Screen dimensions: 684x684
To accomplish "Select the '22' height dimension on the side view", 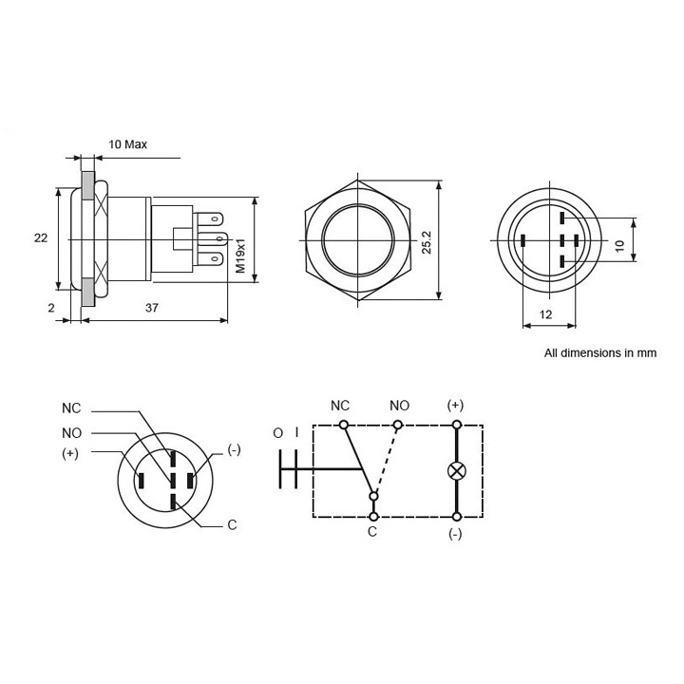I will [41, 238].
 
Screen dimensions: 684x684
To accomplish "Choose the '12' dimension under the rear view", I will [546, 314].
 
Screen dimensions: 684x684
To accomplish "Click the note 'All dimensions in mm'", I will [599, 351].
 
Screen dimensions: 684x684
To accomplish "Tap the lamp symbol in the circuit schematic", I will [456, 470].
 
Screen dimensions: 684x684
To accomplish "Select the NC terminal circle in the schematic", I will [343, 424].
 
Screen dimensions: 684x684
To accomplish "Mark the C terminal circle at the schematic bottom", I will [371, 517].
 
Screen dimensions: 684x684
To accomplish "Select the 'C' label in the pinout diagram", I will [231, 525].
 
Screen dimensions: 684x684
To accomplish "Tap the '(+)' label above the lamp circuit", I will [455, 405].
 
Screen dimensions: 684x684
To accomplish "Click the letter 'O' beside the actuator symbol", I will [277, 433].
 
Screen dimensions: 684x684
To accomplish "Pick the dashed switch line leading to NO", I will [387, 460].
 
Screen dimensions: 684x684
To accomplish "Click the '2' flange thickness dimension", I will [50, 309].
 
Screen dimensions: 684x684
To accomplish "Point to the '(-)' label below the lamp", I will [455, 535].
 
